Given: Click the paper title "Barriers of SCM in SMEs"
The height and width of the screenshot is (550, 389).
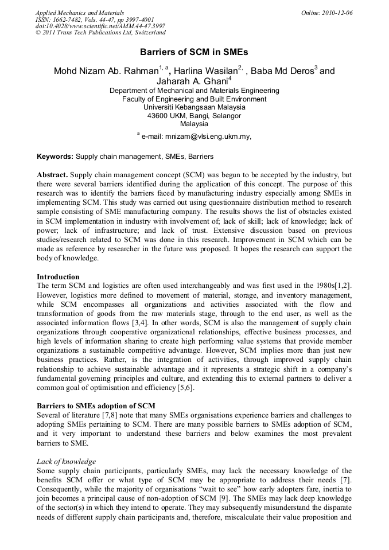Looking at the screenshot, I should tap(194, 52).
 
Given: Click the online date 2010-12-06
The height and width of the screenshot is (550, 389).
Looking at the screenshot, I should tap(336, 13).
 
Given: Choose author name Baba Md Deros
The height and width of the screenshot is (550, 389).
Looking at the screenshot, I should tap(283, 71).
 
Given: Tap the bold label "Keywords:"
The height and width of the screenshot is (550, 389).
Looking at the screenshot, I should tap(55, 156).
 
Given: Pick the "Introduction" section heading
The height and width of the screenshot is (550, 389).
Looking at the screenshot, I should tap(58, 276).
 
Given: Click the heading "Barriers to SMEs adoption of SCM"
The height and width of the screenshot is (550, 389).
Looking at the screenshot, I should tap(96, 406).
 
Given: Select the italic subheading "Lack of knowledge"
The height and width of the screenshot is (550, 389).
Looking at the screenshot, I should tap(66, 461).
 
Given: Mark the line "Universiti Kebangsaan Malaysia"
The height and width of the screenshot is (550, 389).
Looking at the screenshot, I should tap(194, 107).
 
